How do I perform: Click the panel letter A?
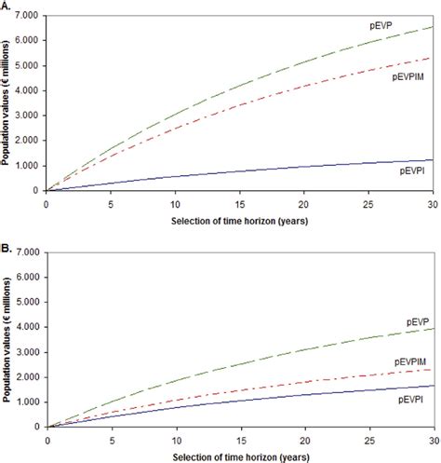point(6,6)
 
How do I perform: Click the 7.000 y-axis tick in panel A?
point(29,17)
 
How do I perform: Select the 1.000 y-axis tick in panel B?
point(29,402)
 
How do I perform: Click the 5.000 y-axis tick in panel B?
point(29,302)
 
